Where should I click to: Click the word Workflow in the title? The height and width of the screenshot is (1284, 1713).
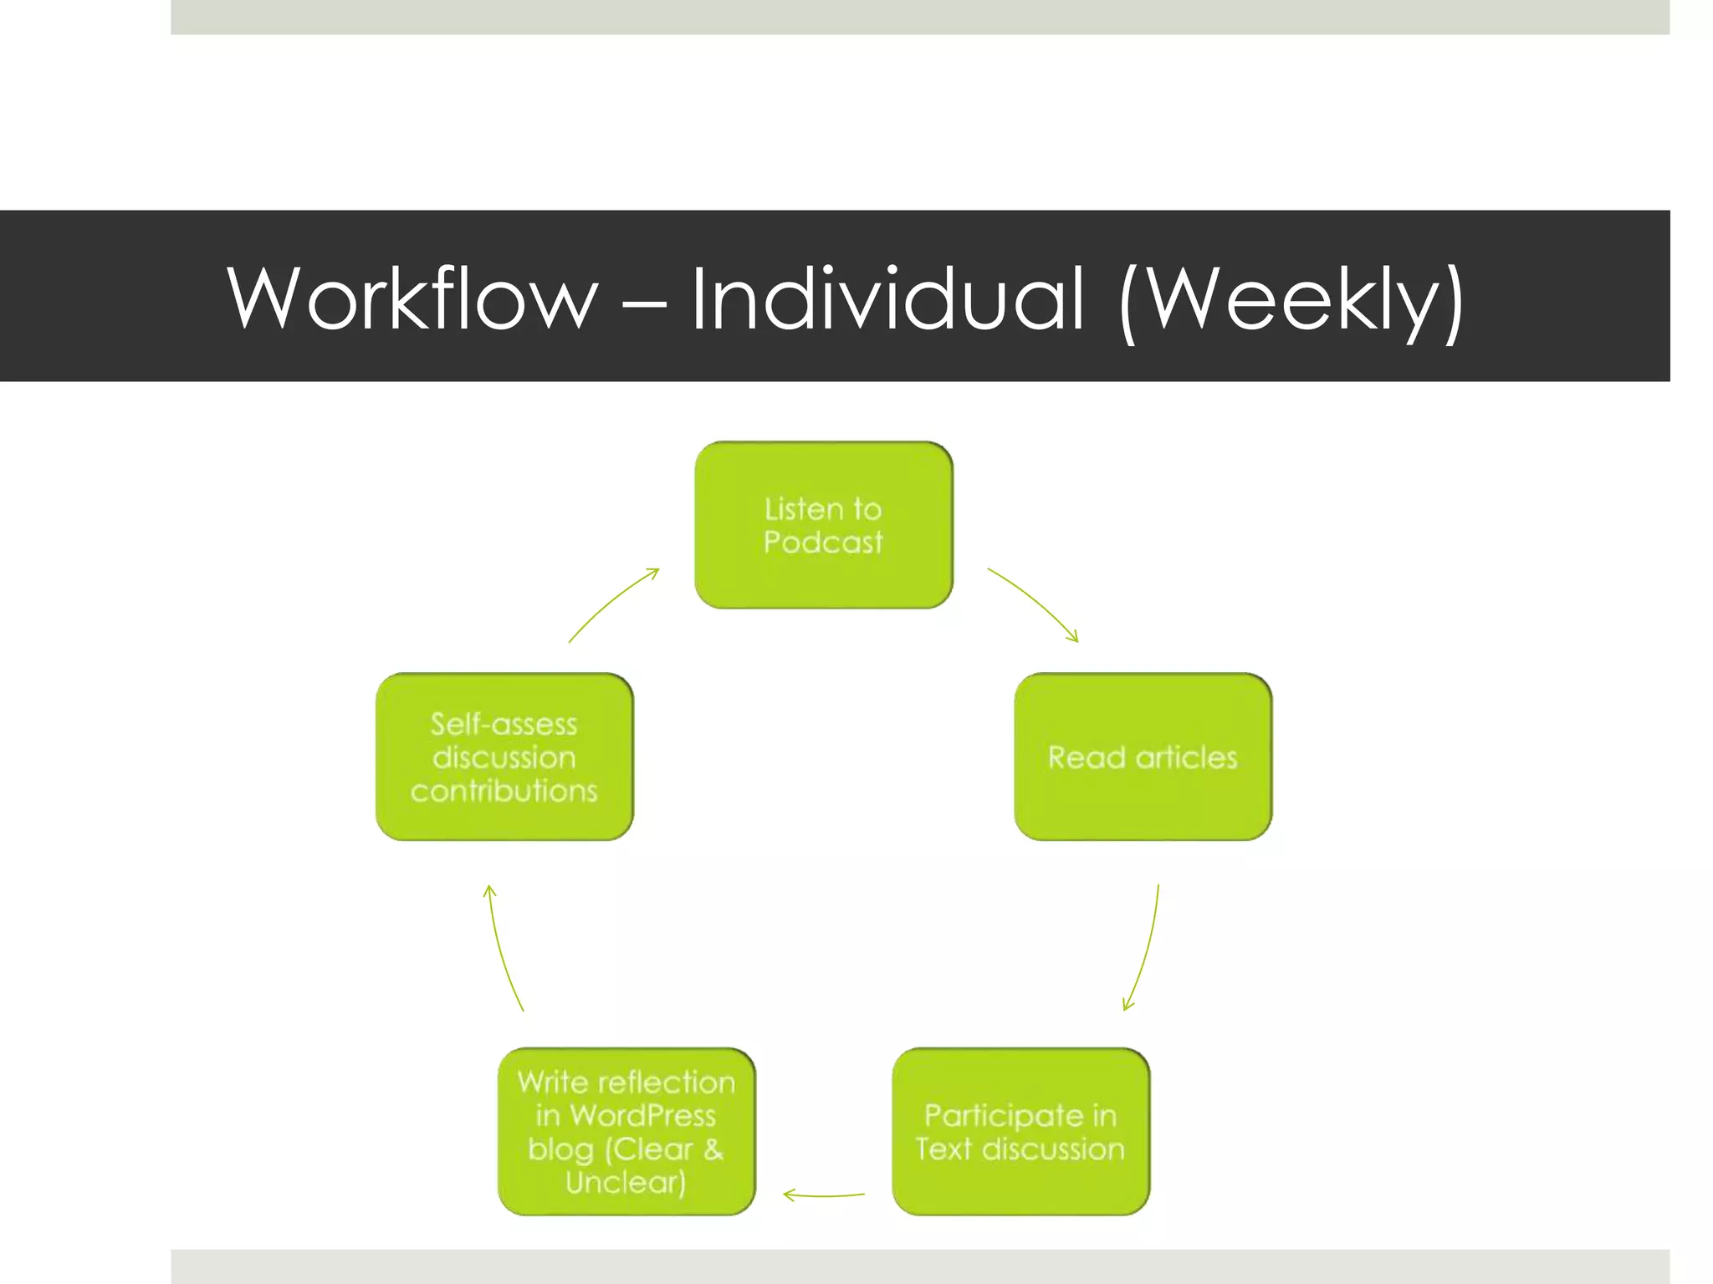point(412,298)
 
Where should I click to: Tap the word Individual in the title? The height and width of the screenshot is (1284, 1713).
point(887,298)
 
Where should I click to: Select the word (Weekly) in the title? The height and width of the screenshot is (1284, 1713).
point(1291,301)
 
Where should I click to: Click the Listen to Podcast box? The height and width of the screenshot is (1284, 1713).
point(824,525)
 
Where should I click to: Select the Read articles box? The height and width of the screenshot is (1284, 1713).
point(1143,757)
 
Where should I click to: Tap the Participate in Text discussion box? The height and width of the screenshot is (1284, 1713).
point(1020,1131)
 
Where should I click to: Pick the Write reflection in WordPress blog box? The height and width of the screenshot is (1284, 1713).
point(626,1131)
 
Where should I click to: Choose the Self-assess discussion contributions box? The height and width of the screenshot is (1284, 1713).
point(504,757)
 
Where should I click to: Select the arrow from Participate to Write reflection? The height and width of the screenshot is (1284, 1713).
point(824,1195)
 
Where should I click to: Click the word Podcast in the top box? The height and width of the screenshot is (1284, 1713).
point(823,543)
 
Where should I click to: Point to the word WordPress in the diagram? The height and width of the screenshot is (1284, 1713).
point(642,1115)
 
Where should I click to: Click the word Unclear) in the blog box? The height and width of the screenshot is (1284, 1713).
point(626,1182)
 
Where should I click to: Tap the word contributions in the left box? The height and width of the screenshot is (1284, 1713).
point(504,791)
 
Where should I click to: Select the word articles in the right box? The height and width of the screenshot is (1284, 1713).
point(1186,757)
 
